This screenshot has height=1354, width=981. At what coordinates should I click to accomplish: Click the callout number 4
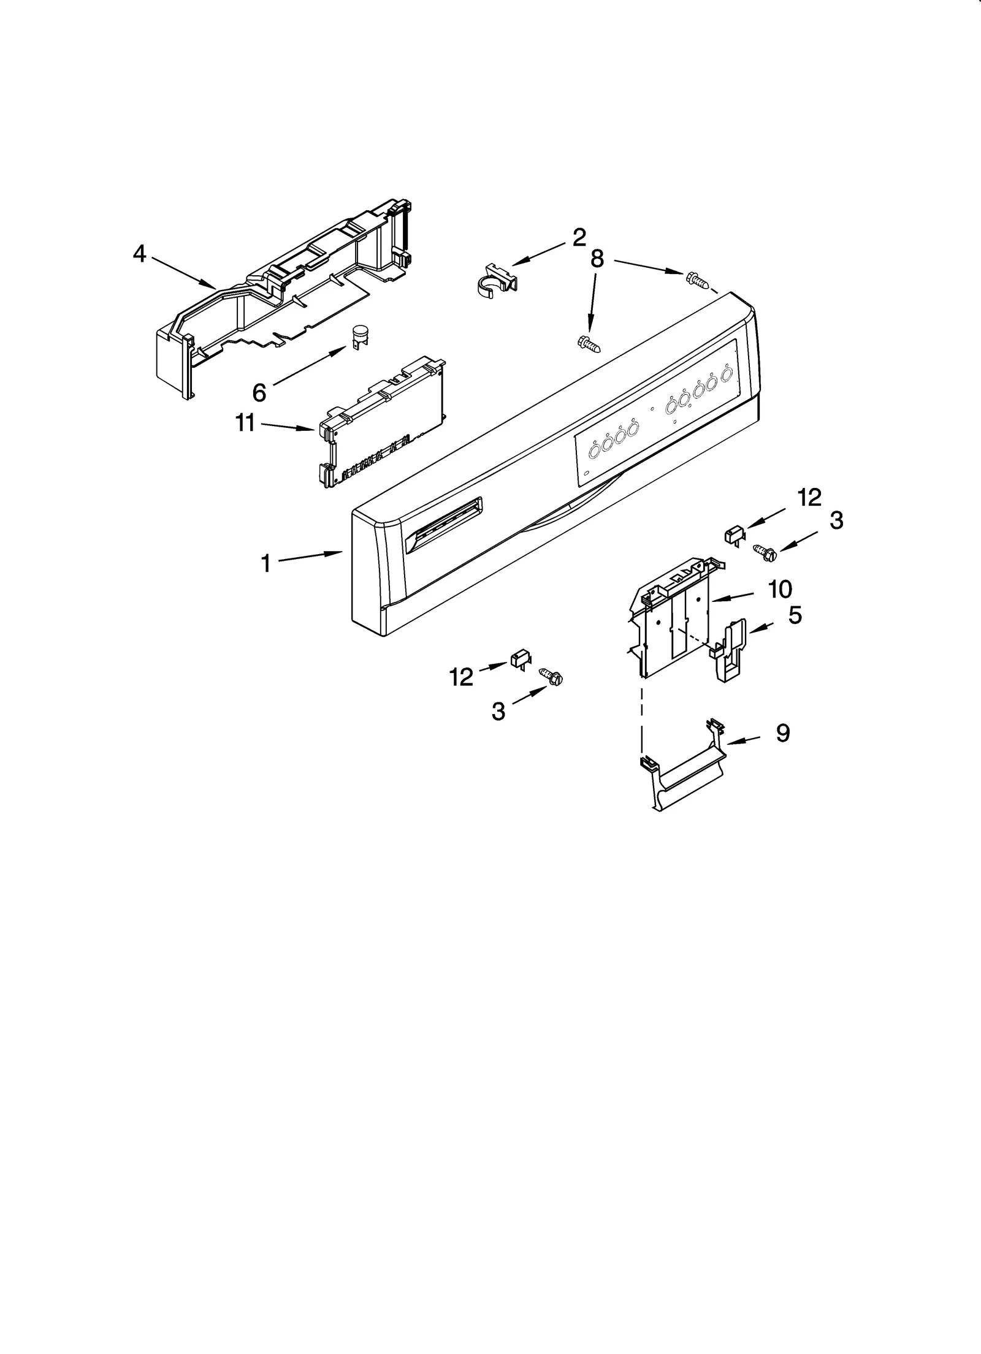pos(140,254)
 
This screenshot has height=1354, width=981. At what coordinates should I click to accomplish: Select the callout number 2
pos(579,238)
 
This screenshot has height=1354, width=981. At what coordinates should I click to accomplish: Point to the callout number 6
pos(259,393)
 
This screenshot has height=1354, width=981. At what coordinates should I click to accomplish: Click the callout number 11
pos(245,422)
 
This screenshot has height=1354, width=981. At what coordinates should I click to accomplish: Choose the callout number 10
pos(780,590)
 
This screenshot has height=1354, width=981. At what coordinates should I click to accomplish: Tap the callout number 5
pos(795,615)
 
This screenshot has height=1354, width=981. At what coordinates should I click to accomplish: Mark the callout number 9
pos(783,733)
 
